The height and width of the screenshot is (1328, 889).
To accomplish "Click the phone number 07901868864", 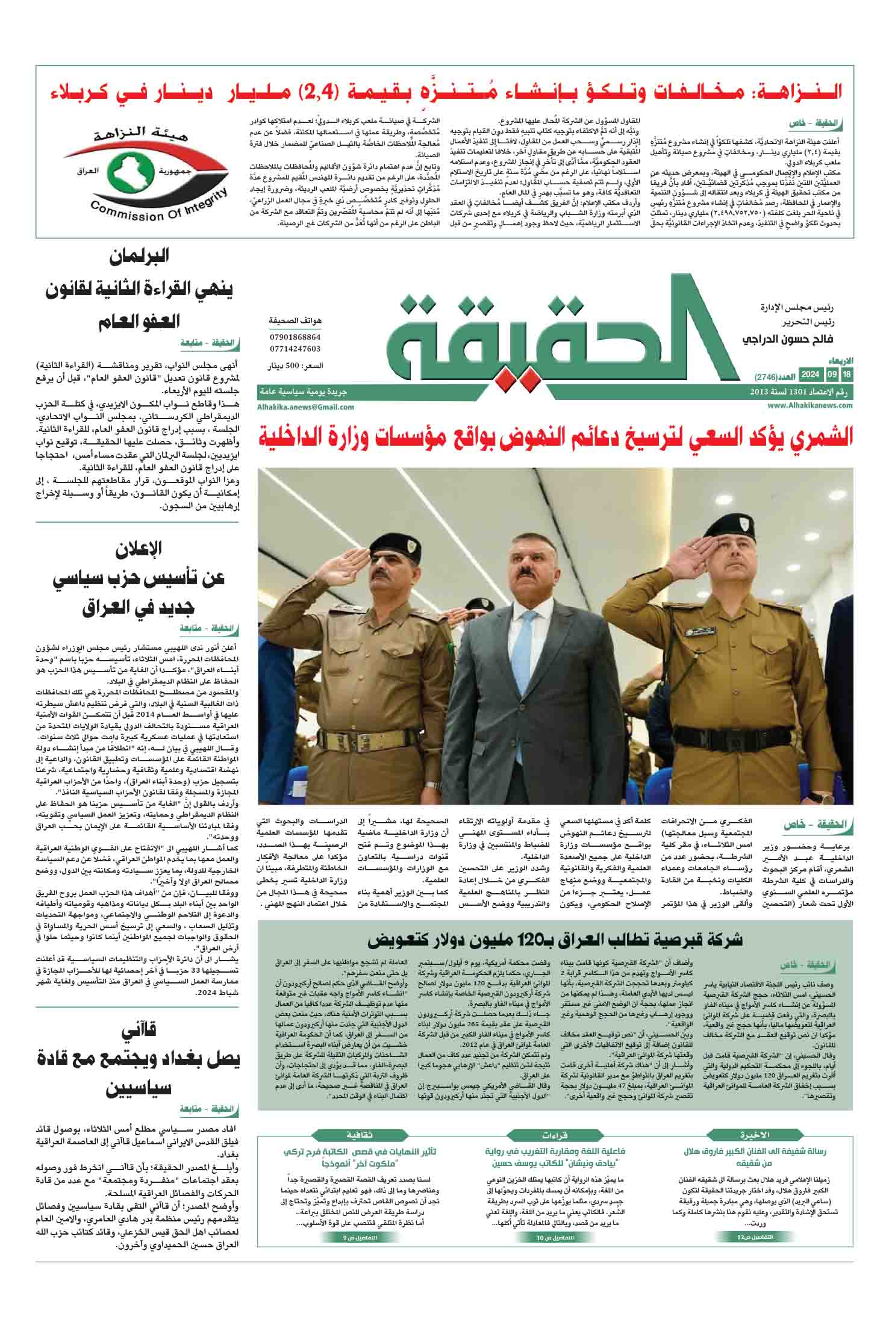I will pyautogui.click(x=295, y=337).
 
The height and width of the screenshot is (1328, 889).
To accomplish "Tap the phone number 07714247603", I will pyautogui.click(x=295, y=348).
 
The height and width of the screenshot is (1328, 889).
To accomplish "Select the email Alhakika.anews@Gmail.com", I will pyautogui.click(x=305, y=407).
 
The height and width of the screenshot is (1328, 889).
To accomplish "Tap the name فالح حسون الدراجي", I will pyautogui.click(x=782, y=340).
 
